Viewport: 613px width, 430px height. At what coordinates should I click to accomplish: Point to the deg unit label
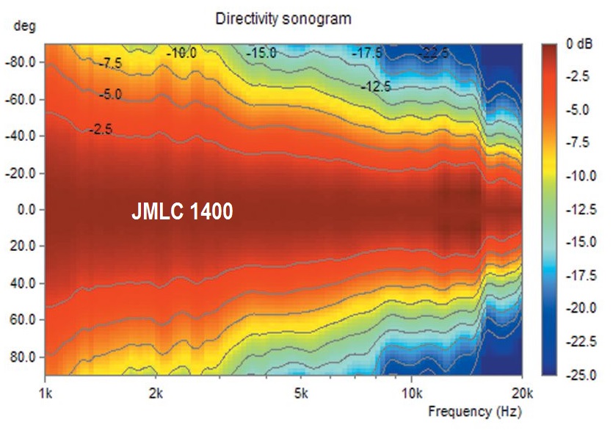pos(24,26)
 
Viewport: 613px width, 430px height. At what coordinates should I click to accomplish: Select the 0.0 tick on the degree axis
pos(26,210)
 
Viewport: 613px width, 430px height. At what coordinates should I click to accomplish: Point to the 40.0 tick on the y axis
pos(26,283)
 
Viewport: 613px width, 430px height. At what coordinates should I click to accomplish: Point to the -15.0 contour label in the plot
pos(261,53)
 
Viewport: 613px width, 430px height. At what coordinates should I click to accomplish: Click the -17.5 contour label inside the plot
pos(367,53)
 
